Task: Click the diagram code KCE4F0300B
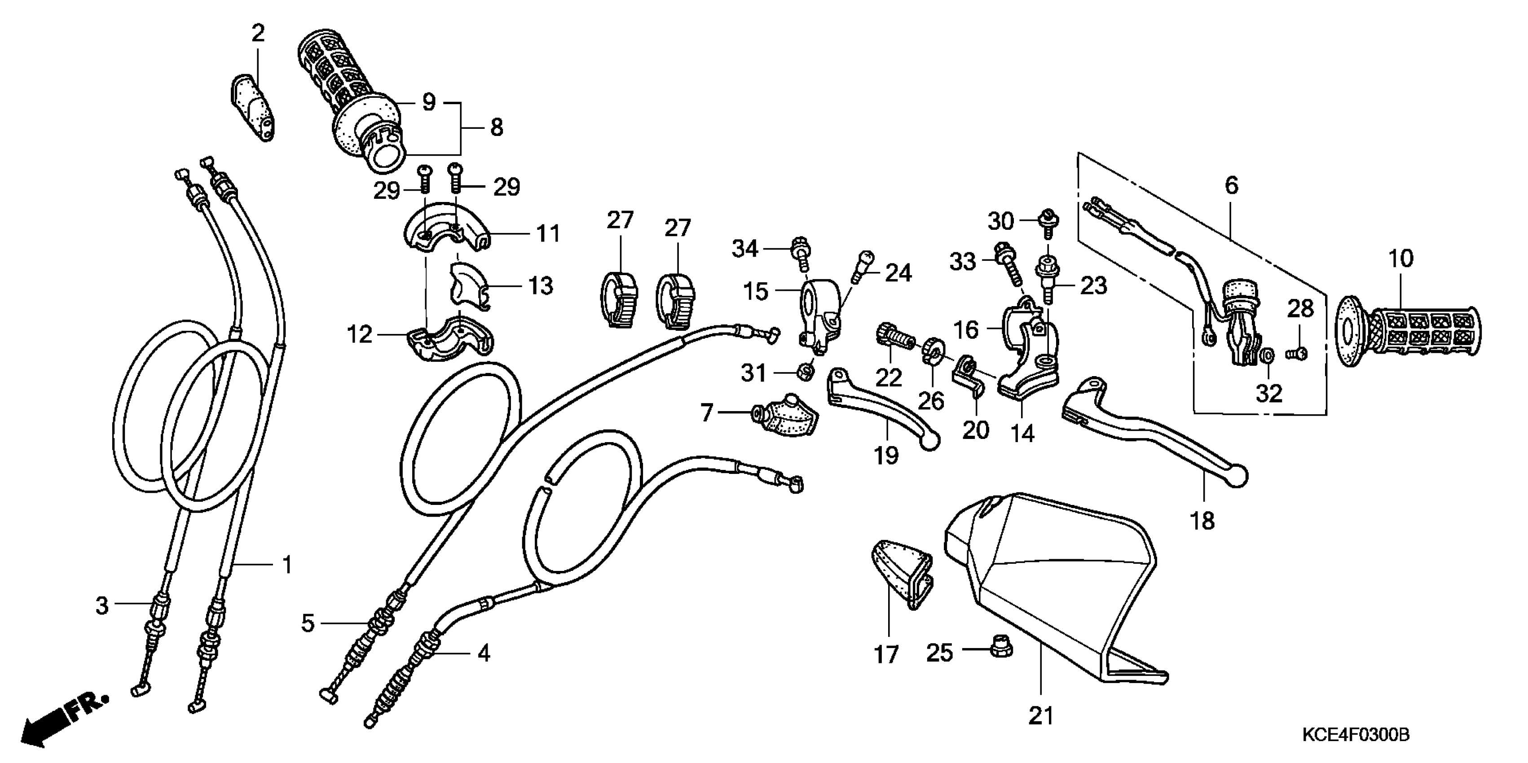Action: pyautogui.click(x=1356, y=736)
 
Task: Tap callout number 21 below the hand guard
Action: pyautogui.click(x=1041, y=716)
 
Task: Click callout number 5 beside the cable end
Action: pyautogui.click(x=307, y=623)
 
